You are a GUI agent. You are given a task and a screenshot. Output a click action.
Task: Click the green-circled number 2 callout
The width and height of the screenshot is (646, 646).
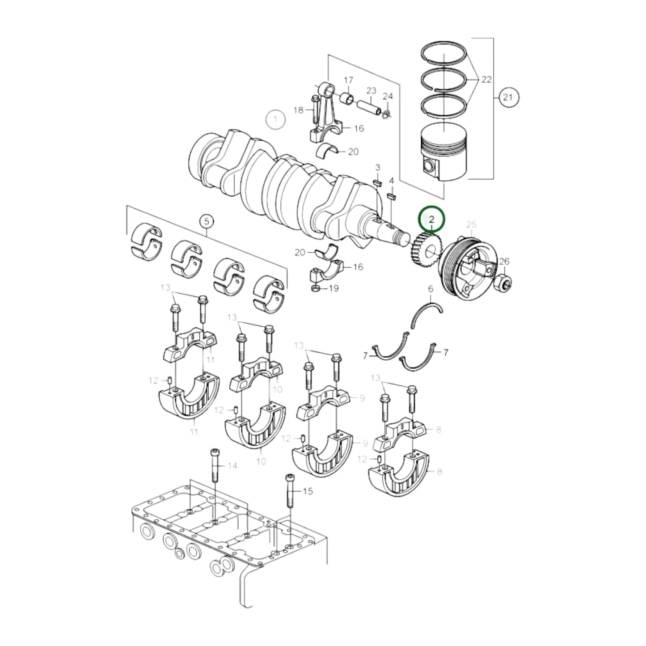tap(431, 219)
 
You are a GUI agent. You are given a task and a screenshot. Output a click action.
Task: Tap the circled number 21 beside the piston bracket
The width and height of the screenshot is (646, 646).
tap(507, 97)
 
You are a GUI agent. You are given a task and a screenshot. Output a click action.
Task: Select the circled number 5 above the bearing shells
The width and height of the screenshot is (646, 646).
tap(206, 221)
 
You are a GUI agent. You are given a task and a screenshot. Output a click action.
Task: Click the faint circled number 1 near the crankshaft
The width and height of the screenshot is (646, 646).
tap(276, 119)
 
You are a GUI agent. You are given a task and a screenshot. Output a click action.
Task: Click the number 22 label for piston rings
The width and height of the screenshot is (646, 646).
tap(486, 80)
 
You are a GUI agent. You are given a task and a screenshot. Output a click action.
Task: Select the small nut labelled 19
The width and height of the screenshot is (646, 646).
tap(315, 288)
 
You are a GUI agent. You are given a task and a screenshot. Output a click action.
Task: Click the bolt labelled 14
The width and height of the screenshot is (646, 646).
tap(214, 465)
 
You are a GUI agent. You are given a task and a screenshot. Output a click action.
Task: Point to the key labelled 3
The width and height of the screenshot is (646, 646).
tap(377, 182)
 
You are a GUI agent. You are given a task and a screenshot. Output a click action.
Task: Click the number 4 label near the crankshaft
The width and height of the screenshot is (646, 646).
tap(391, 181)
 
